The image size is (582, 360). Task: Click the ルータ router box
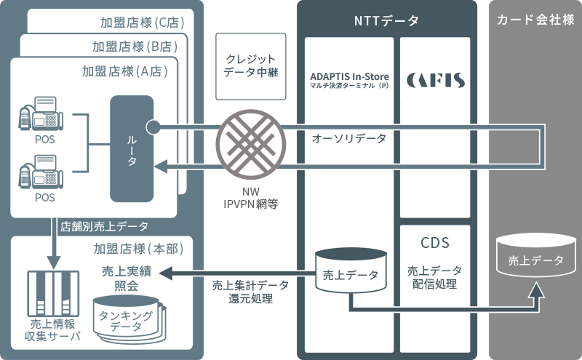(x=132, y=148)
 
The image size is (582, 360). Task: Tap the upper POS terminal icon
(x=41, y=114)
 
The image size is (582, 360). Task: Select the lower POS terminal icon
(x=41, y=175)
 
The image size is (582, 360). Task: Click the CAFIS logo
(x=435, y=79)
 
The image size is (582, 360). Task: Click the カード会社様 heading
(x=535, y=20)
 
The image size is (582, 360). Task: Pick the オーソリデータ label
(x=349, y=137)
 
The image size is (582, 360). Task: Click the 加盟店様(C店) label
(x=142, y=22)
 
